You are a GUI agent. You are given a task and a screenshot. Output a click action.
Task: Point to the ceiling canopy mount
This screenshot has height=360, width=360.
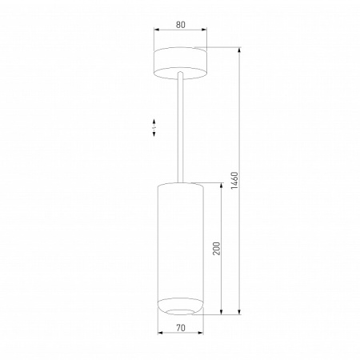180,62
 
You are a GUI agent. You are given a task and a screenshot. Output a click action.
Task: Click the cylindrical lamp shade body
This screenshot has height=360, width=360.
180,240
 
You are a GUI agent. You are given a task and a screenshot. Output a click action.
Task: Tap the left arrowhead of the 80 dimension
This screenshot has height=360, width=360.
156,32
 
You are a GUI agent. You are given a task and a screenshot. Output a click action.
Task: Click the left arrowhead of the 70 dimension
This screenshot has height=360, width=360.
159,335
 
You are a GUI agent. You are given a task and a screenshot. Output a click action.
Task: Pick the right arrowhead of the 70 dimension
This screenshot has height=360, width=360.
202,335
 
